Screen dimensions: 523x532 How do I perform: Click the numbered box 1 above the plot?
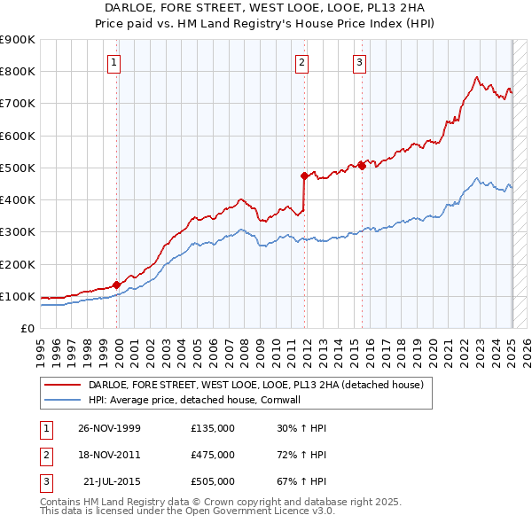pos(116,62)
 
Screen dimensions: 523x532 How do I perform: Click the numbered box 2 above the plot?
pos(302,62)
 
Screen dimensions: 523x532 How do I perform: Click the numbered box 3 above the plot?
pos(359,62)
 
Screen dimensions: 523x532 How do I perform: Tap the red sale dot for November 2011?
pos(304,176)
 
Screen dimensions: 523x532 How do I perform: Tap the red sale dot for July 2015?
pos(363,165)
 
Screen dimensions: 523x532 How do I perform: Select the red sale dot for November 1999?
pos(117,285)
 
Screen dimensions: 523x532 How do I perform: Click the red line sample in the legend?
pos(62,386)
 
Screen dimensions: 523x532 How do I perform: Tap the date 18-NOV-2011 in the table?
pos(110,454)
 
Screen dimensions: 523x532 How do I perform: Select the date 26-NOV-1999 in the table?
pos(110,427)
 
